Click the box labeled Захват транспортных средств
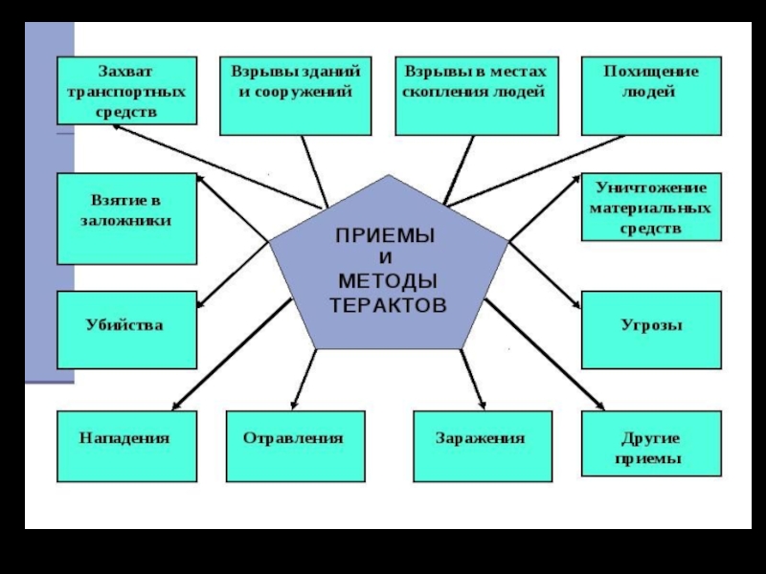[127, 91]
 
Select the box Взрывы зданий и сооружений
[294, 95]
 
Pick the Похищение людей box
[651, 95]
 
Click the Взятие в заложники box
[127, 218]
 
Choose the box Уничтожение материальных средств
[651, 206]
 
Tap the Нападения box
[127, 446]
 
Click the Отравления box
[295, 446]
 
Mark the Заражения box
[483, 446]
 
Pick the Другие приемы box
[651, 446]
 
